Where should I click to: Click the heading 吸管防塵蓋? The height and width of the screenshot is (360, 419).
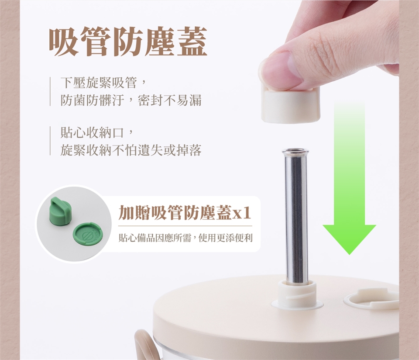coord(128,42)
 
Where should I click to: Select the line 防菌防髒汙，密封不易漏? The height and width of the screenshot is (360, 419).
coord(131,100)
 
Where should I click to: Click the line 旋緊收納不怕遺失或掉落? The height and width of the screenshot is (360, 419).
coord(131,150)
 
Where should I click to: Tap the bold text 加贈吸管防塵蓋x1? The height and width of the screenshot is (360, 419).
coord(185,213)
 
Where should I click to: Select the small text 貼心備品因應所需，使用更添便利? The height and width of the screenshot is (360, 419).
coord(185,238)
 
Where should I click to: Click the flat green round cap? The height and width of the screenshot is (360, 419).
coord(87,234)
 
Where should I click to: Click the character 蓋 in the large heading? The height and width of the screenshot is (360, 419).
coord(192,42)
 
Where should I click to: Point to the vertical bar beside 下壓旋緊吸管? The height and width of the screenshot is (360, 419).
coord(50,91)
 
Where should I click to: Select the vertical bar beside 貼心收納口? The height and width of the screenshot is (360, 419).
coord(50,141)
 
